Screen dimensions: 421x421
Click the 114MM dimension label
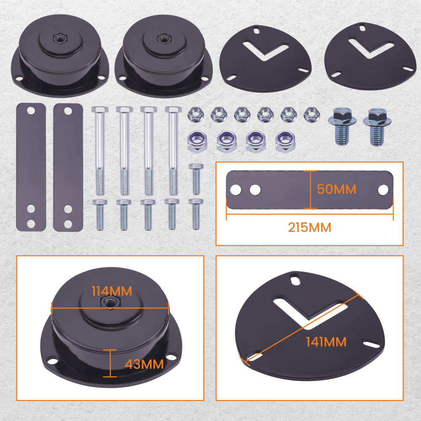click(x=112, y=291)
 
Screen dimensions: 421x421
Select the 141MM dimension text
click(x=326, y=342)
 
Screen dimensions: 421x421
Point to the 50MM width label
click(x=336, y=189)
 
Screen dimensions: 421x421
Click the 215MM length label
click(x=309, y=228)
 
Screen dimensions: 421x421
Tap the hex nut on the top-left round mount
click(x=58, y=38)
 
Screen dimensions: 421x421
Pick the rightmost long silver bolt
click(x=173, y=149)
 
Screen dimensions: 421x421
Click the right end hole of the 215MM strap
click(x=383, y=190)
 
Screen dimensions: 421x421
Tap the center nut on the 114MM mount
click(x=110, y=302)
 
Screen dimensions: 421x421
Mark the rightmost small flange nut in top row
click(x=311, y=114)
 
